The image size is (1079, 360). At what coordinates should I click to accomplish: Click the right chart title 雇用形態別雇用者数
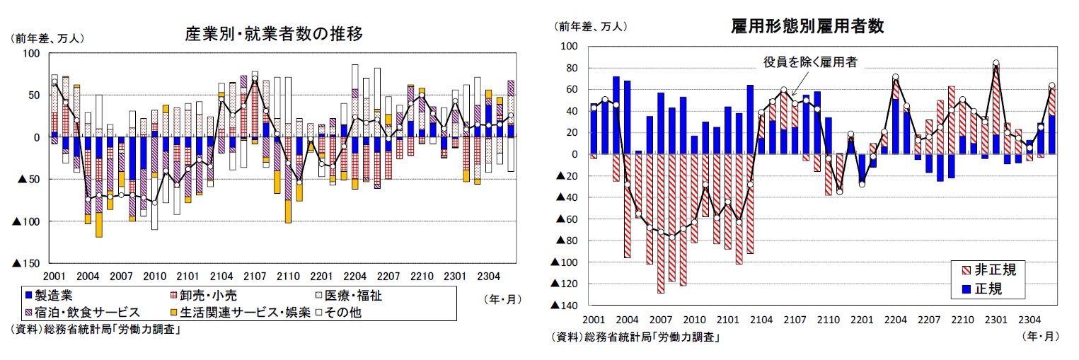click(807, 27)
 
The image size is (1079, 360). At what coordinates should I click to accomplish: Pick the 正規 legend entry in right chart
click(983, 289)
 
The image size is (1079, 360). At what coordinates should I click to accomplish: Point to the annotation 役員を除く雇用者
click(810, 62)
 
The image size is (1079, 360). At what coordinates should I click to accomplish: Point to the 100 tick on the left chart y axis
click(33, 54)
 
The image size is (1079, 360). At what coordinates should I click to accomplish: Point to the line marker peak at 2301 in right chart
click(996, 63)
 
